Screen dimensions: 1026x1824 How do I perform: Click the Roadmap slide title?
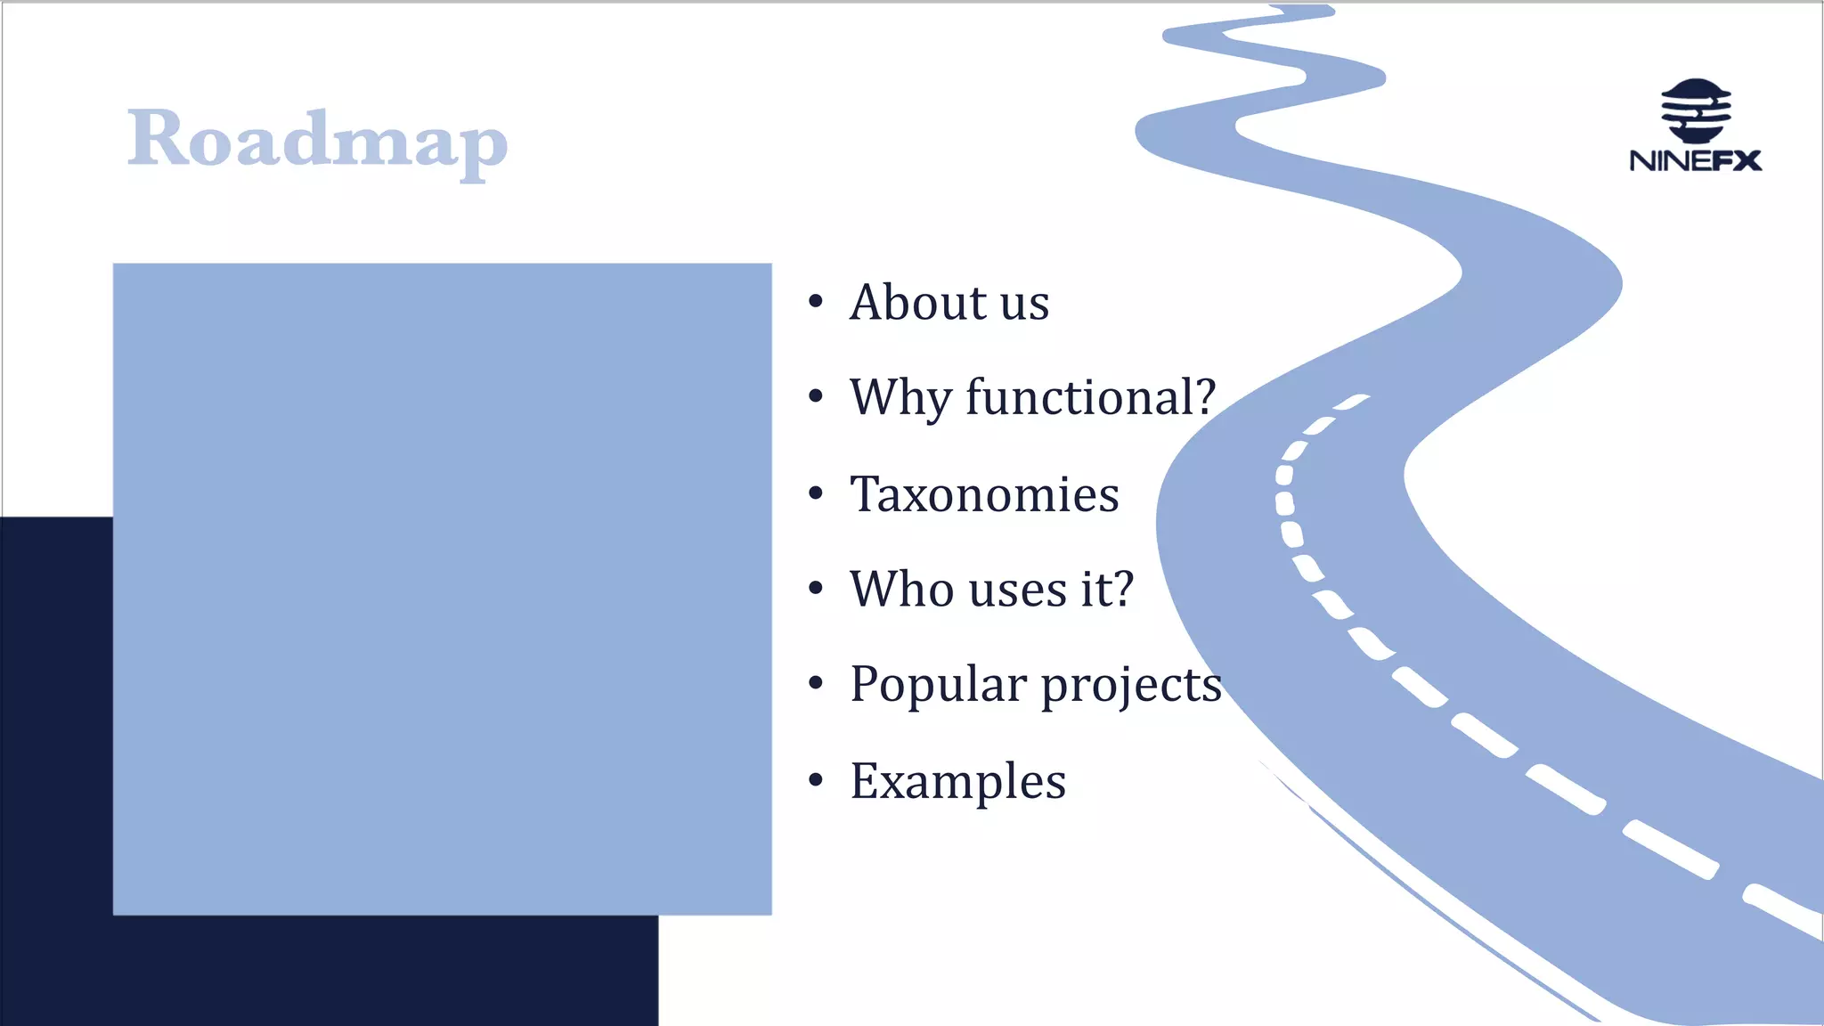pos(317,141)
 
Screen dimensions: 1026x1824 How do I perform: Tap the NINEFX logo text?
pos(1695,161)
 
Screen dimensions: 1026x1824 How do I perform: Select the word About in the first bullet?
pos(917,302)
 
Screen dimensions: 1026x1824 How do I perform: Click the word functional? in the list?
pos(1090,397)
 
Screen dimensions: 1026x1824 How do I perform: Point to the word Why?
pos(900,397)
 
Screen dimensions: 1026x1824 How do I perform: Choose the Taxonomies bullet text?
pos(984,494)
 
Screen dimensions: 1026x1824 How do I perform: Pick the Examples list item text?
pos(957,781)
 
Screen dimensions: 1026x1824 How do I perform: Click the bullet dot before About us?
pos(816,302)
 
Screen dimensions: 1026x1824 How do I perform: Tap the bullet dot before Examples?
pos(816,781)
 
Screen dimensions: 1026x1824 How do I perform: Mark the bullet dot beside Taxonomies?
pos(816,493)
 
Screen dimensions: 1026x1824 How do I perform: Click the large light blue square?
pos(442,588)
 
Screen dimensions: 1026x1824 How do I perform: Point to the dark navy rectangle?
pos(330,971)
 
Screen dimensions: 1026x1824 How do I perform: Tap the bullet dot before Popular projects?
pos(816,684)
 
